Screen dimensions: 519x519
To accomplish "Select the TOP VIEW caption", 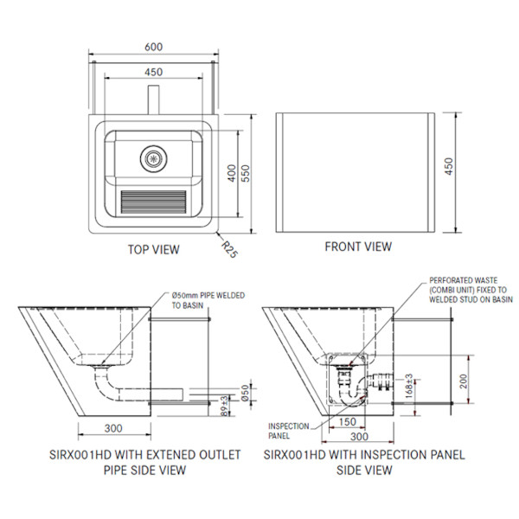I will (x=154, y=250).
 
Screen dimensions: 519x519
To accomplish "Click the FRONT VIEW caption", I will (x=358, y=247).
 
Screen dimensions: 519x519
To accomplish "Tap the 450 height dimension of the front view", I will (x=448, y=165).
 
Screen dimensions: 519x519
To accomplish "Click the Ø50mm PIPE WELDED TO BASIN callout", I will (x=208, y=300).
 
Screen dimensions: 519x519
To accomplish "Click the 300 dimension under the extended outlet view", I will (x=112, y=428).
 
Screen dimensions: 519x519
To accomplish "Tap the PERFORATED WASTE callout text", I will (x=471, y=290).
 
